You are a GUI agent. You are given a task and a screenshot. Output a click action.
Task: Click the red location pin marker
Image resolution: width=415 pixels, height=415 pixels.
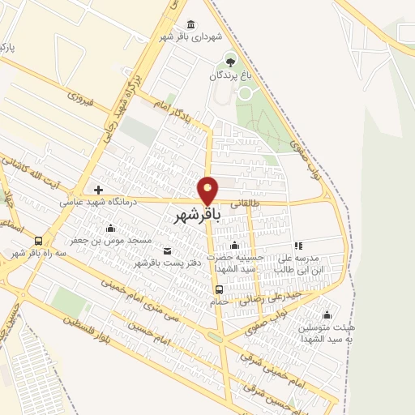(208, 190)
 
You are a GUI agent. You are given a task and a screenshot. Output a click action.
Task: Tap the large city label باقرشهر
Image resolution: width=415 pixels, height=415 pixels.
(198, 216)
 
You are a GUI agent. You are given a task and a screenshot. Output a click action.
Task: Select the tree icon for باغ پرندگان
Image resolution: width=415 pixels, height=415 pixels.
(231, 61)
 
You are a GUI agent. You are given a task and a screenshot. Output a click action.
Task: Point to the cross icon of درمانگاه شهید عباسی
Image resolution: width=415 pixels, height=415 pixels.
(98, 190)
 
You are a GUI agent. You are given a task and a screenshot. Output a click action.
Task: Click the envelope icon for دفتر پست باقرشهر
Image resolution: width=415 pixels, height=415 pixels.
(168, 250)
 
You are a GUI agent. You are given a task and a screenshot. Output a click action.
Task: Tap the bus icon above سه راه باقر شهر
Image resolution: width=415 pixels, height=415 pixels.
(38, 241)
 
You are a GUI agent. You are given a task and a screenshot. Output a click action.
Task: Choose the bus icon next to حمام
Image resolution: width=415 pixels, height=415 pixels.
(219, 289)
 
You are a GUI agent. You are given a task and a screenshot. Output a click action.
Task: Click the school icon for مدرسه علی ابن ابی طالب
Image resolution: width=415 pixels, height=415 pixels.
(298, 246)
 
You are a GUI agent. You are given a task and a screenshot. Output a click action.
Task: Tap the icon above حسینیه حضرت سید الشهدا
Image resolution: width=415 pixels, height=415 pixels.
(235, 246)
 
